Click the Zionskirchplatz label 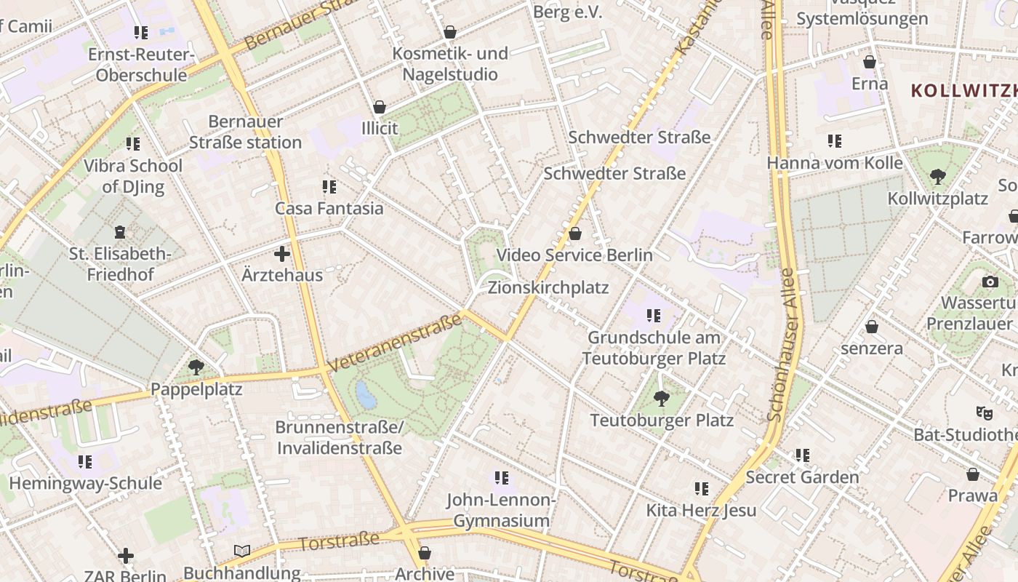pos(548,287)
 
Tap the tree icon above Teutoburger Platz pos(661,398)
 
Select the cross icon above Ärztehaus pos(282,254)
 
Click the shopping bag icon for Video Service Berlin pos(575,234)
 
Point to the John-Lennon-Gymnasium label pos(501,510)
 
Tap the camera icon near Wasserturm pos(990,282)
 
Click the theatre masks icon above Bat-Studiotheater pos(985,413)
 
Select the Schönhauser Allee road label pos(784,346)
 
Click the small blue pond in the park pos(366,396)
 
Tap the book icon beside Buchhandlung pos(242,551)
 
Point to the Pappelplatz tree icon pos(196,367)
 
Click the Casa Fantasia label pos(329,208)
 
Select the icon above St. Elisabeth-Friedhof pos(120,233)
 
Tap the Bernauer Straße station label pos(245,132)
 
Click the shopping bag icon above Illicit pos(380,107)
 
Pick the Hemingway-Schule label pos(85,483)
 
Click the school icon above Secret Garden pos(802,455)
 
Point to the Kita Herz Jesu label pos(701,510)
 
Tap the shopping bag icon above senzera pos(871,327)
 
